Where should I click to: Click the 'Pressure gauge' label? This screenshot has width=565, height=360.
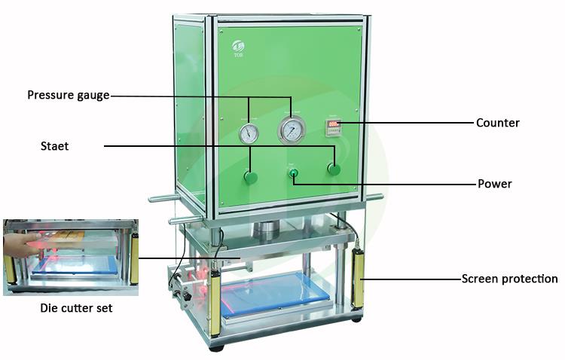69,95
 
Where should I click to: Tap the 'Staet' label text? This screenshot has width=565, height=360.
54,146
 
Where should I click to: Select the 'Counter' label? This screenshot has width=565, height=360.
498,123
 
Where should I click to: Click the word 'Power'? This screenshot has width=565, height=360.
495,184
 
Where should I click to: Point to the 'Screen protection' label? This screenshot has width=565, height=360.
509,279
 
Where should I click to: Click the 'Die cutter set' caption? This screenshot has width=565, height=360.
76,308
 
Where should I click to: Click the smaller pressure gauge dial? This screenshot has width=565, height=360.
249,134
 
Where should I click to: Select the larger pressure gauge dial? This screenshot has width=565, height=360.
292,130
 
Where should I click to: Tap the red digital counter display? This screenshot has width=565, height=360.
333,124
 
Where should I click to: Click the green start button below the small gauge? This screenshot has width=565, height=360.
250,177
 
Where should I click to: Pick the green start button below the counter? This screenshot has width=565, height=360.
334,169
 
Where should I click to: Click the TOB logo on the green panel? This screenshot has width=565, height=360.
238,48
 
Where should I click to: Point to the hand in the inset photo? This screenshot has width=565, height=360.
21,245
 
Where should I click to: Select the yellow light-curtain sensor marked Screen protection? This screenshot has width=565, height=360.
357,278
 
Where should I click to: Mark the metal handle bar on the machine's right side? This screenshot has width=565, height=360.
375,197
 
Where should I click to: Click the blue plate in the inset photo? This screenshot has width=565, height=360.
75,266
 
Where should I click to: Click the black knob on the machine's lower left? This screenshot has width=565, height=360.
186,297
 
